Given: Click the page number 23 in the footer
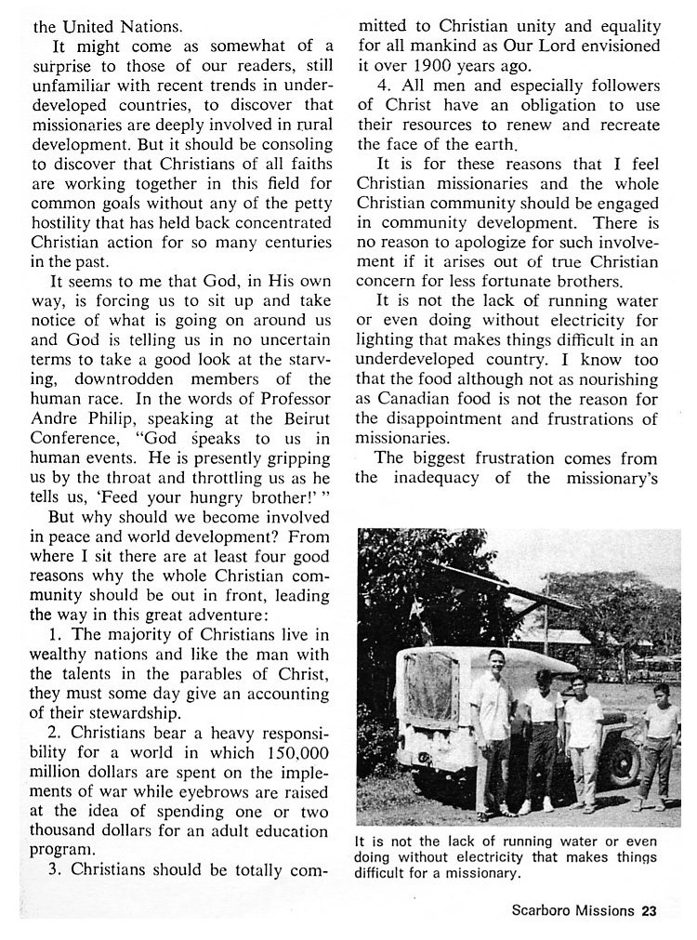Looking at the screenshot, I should (648, 910).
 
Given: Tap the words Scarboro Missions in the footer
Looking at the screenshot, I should (571, 910).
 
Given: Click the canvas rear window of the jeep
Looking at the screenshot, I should (431, 698).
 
